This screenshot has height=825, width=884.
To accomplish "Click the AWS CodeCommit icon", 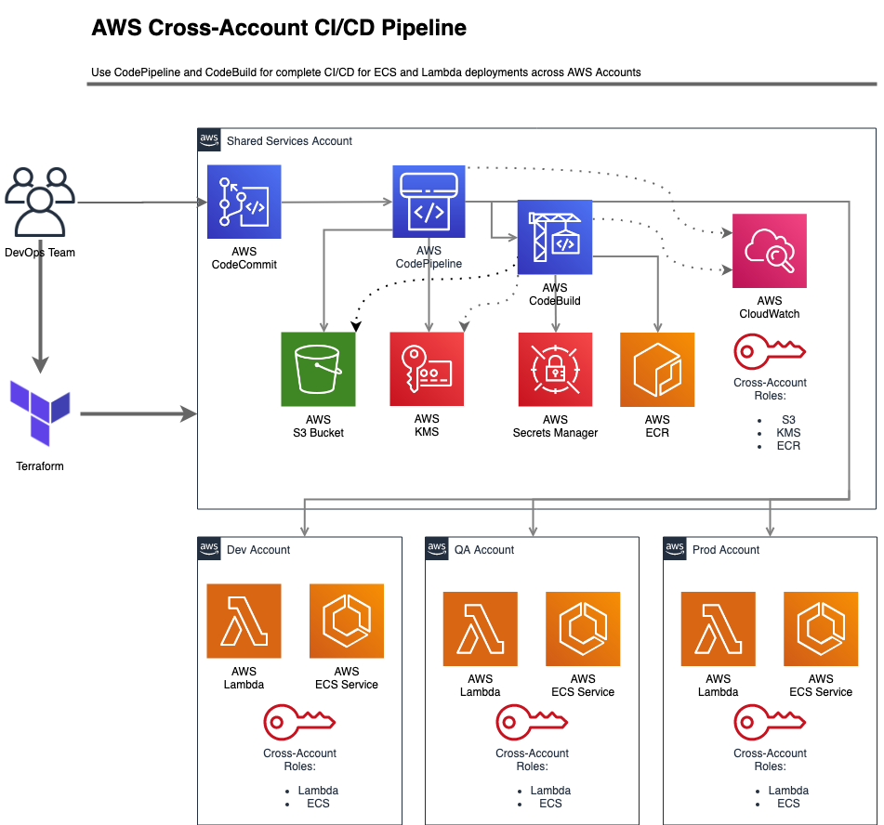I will pos(244,202).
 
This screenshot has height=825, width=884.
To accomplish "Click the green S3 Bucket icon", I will pos(319,370).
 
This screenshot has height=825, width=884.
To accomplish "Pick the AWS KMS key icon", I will pos(427,369).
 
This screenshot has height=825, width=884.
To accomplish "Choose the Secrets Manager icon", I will pos(555,370).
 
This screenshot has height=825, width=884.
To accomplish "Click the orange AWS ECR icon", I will pos(657,370).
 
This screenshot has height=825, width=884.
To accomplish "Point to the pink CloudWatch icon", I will pos(769,251).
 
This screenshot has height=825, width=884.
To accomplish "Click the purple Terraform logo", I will pos(40,412).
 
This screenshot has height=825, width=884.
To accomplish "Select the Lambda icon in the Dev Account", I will pos(244,621).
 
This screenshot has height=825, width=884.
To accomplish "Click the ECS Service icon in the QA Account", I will pos(583,630).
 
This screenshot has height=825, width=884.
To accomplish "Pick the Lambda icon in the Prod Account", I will pos(719,629).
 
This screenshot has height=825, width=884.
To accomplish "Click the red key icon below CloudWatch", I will pos(769,351).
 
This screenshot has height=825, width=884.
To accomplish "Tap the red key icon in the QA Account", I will pos(532,722).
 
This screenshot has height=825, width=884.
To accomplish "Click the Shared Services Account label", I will pos(289,141).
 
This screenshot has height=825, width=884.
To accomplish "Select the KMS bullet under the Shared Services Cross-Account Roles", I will pos(789,433).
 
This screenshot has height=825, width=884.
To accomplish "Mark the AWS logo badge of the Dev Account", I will pos(209,548).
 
